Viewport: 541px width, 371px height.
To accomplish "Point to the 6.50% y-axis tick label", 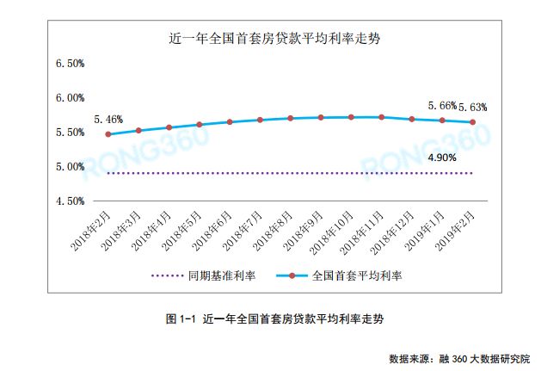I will coord(69,64).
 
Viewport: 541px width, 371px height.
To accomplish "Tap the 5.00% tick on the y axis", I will coord(69,166).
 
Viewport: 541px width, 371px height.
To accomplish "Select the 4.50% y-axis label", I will coord(69,201).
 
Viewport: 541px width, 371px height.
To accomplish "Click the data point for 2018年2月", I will coord(108,134).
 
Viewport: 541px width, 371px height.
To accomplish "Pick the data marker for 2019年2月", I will coord(472,122).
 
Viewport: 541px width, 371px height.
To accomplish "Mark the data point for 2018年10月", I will coord(351,117).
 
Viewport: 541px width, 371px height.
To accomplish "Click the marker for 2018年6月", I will coord(230,122).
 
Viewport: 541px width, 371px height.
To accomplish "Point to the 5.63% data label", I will coord(472,108).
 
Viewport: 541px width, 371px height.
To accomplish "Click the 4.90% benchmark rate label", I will coord(441,158).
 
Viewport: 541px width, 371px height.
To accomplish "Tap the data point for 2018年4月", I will coord(169,127).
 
